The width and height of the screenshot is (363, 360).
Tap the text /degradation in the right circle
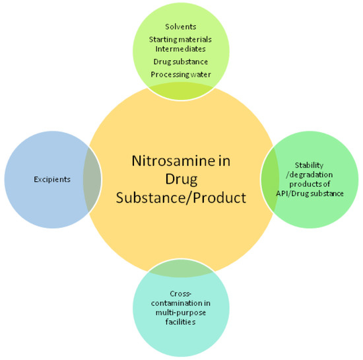point(311,175)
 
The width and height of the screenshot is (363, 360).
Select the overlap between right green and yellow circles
point(270,179)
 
